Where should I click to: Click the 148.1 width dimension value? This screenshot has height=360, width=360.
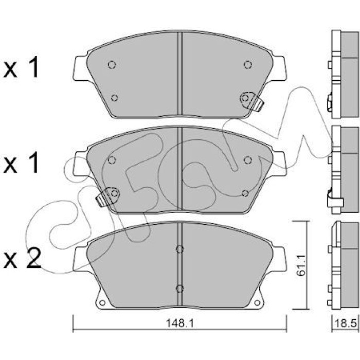(180, 323)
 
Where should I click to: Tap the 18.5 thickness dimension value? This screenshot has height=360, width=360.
(347, 325)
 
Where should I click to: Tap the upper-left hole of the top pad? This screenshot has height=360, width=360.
(112, 65)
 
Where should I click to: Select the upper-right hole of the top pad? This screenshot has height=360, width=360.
(248, 65)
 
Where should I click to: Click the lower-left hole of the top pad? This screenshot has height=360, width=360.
(114, 98)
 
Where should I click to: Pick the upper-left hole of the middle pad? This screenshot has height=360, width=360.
(112, 160)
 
